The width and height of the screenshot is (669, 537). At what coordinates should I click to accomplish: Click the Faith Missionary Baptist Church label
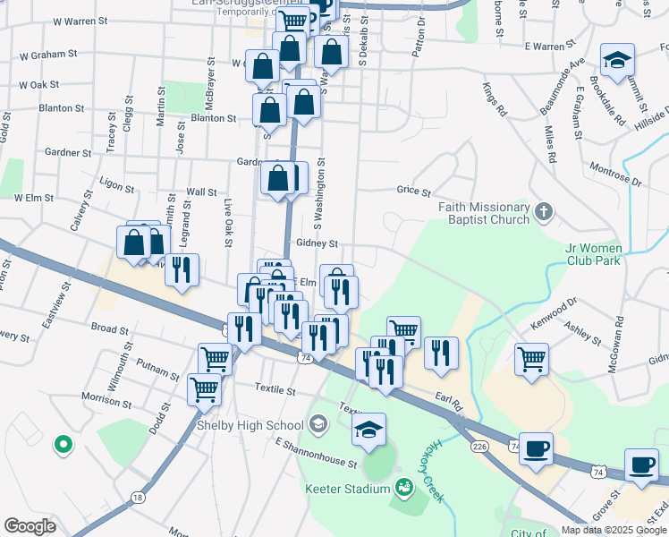(x=484, y=213)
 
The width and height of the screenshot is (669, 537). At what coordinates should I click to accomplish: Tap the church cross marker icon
(x=545, y=213)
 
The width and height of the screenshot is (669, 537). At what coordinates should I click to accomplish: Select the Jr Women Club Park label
(x=593, y=254)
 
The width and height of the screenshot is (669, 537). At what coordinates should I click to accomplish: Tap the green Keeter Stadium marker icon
(x=404, y=488)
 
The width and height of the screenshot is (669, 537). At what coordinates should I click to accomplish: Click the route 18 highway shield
(x=137, y=497)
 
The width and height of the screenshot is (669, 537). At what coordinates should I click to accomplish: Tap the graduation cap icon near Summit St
(x=617, y=60)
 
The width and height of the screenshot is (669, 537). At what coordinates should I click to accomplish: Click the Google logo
(x=30, y=525)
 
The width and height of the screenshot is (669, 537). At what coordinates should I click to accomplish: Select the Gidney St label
(x=318, y=243)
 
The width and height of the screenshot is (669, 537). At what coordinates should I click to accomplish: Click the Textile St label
(x=275, y=390)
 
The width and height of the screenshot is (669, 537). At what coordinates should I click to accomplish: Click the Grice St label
(x=413, y=191)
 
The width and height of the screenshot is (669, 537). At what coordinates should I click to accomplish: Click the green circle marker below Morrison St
(x=63, y=443)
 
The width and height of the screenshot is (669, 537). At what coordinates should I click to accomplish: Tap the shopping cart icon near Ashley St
(x=531, y=359)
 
